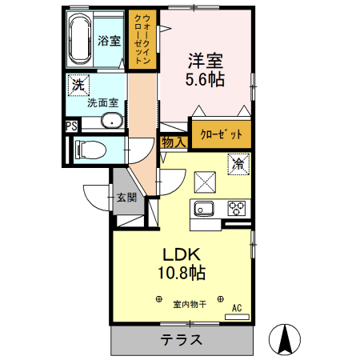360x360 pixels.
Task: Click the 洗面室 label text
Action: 102,103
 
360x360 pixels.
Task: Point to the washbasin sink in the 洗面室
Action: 111,122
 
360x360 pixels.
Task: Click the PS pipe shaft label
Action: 71,126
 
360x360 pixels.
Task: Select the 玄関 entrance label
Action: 126,197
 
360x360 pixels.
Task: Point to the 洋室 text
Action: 204,59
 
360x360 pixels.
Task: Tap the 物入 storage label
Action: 174,142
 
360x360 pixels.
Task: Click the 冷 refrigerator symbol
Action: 238,165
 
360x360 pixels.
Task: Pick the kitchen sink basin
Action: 202,210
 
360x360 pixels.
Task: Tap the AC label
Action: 237,307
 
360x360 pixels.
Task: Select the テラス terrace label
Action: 181,340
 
